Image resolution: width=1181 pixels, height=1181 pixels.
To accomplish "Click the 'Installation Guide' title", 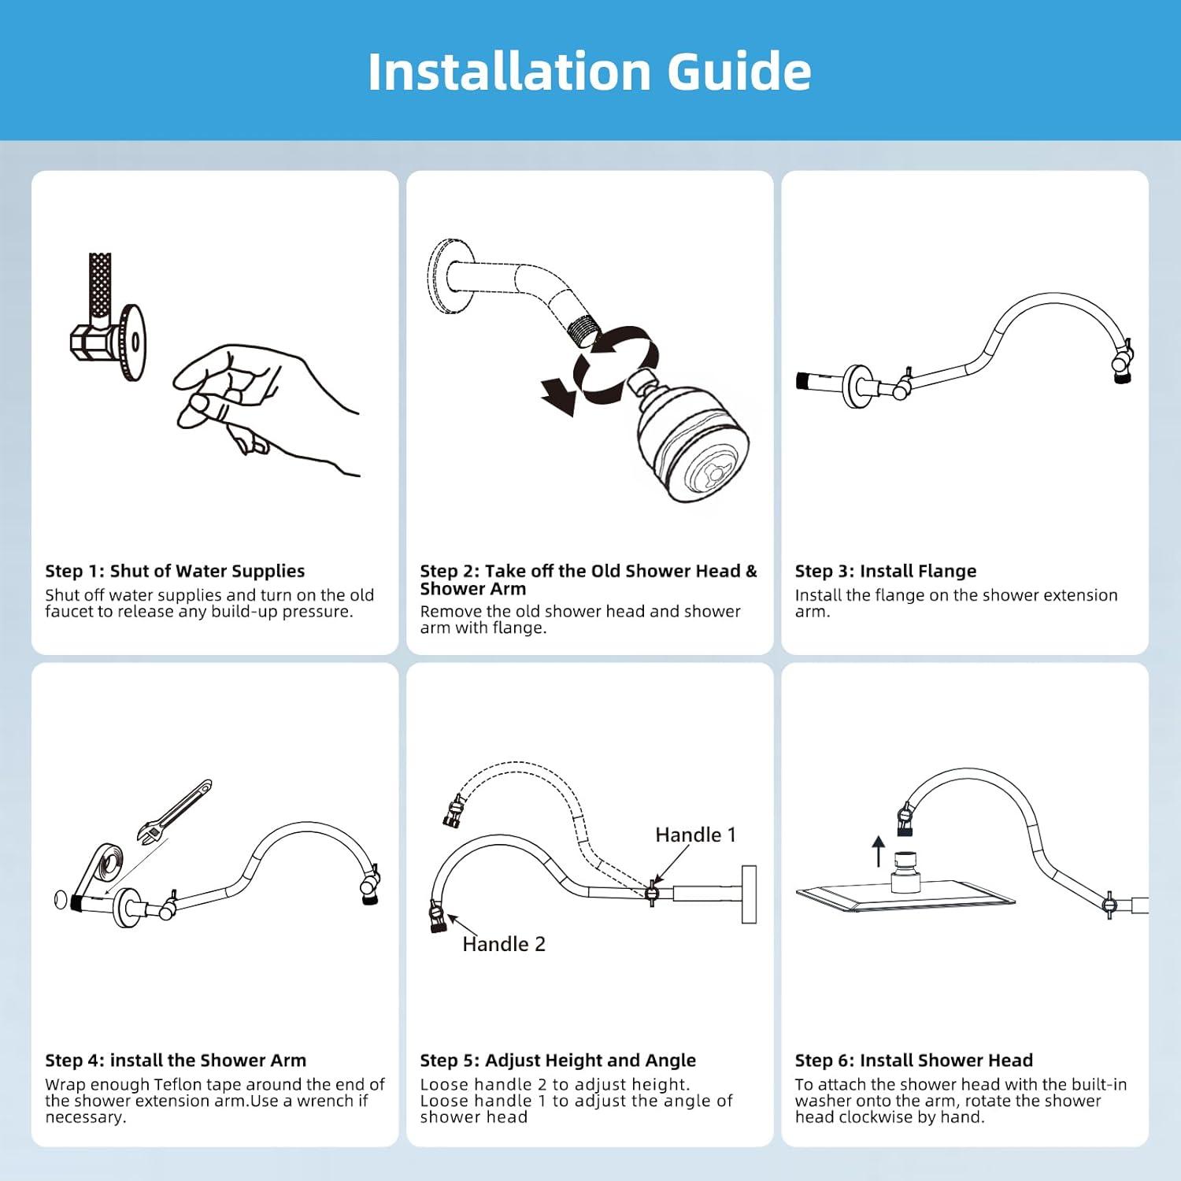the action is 590,72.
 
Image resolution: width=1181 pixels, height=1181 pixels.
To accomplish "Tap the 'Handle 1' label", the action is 695,835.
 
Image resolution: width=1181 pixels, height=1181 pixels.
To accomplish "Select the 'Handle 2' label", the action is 504,944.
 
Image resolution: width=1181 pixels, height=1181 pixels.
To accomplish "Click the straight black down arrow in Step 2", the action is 559,395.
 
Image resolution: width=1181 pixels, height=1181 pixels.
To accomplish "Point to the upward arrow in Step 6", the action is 879,851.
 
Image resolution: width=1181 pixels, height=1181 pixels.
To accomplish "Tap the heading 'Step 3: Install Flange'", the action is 886,571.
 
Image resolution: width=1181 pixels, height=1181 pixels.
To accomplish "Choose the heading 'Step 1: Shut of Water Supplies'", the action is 175,571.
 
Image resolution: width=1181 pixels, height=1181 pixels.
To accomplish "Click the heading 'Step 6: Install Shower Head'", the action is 914,1061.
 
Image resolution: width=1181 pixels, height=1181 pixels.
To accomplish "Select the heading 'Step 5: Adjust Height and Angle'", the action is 558,1061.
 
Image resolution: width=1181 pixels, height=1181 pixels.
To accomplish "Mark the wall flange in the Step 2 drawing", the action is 447,278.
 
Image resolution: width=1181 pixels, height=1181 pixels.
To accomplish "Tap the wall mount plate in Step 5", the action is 749,894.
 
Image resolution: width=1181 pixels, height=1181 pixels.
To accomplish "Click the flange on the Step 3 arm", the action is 856,386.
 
